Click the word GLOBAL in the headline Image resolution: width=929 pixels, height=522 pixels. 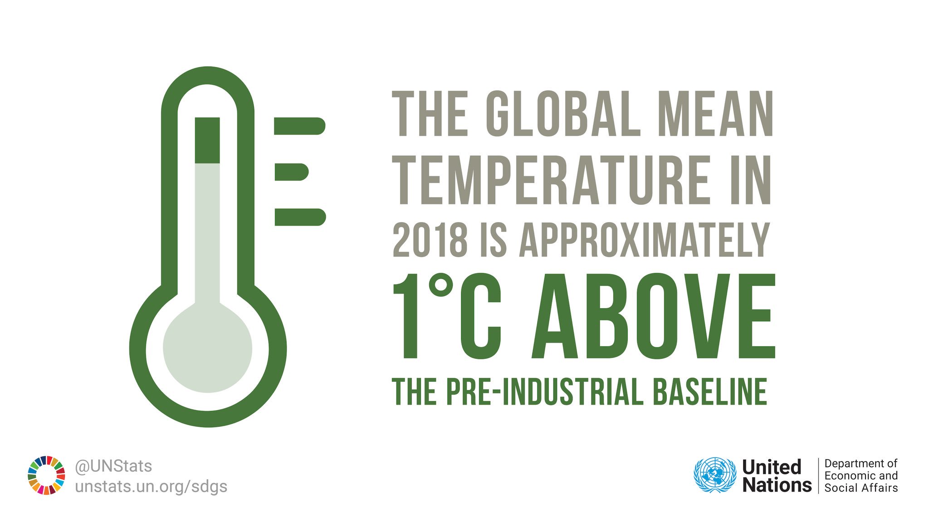(x=563, y=114)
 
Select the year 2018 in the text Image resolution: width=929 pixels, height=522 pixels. (x=430, y=240)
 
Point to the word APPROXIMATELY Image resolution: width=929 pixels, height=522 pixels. (x=644, y=240)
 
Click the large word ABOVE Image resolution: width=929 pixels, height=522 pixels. (x=654, y=316)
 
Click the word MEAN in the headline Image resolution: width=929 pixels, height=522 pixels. (x=715, y=114)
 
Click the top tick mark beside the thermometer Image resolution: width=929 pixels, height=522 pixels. (x=299, y=126)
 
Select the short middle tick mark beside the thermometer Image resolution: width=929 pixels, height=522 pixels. (x=291, y=172)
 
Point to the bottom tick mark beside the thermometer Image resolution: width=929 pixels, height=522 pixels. (x=300, y=217)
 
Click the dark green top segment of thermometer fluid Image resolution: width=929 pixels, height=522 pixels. (x=207, y=140)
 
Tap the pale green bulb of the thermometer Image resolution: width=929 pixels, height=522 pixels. (x=207, y=349)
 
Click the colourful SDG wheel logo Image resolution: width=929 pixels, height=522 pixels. (x=46, y=475)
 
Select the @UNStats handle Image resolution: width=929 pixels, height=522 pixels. (x=113, y=466)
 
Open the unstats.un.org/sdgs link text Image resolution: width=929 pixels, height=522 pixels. (x=151, y=487)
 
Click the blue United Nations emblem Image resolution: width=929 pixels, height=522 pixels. (x=714, y=475)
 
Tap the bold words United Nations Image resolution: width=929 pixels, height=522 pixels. (x=776, y=476)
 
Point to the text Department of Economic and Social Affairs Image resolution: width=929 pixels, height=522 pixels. (x=861, y=476)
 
